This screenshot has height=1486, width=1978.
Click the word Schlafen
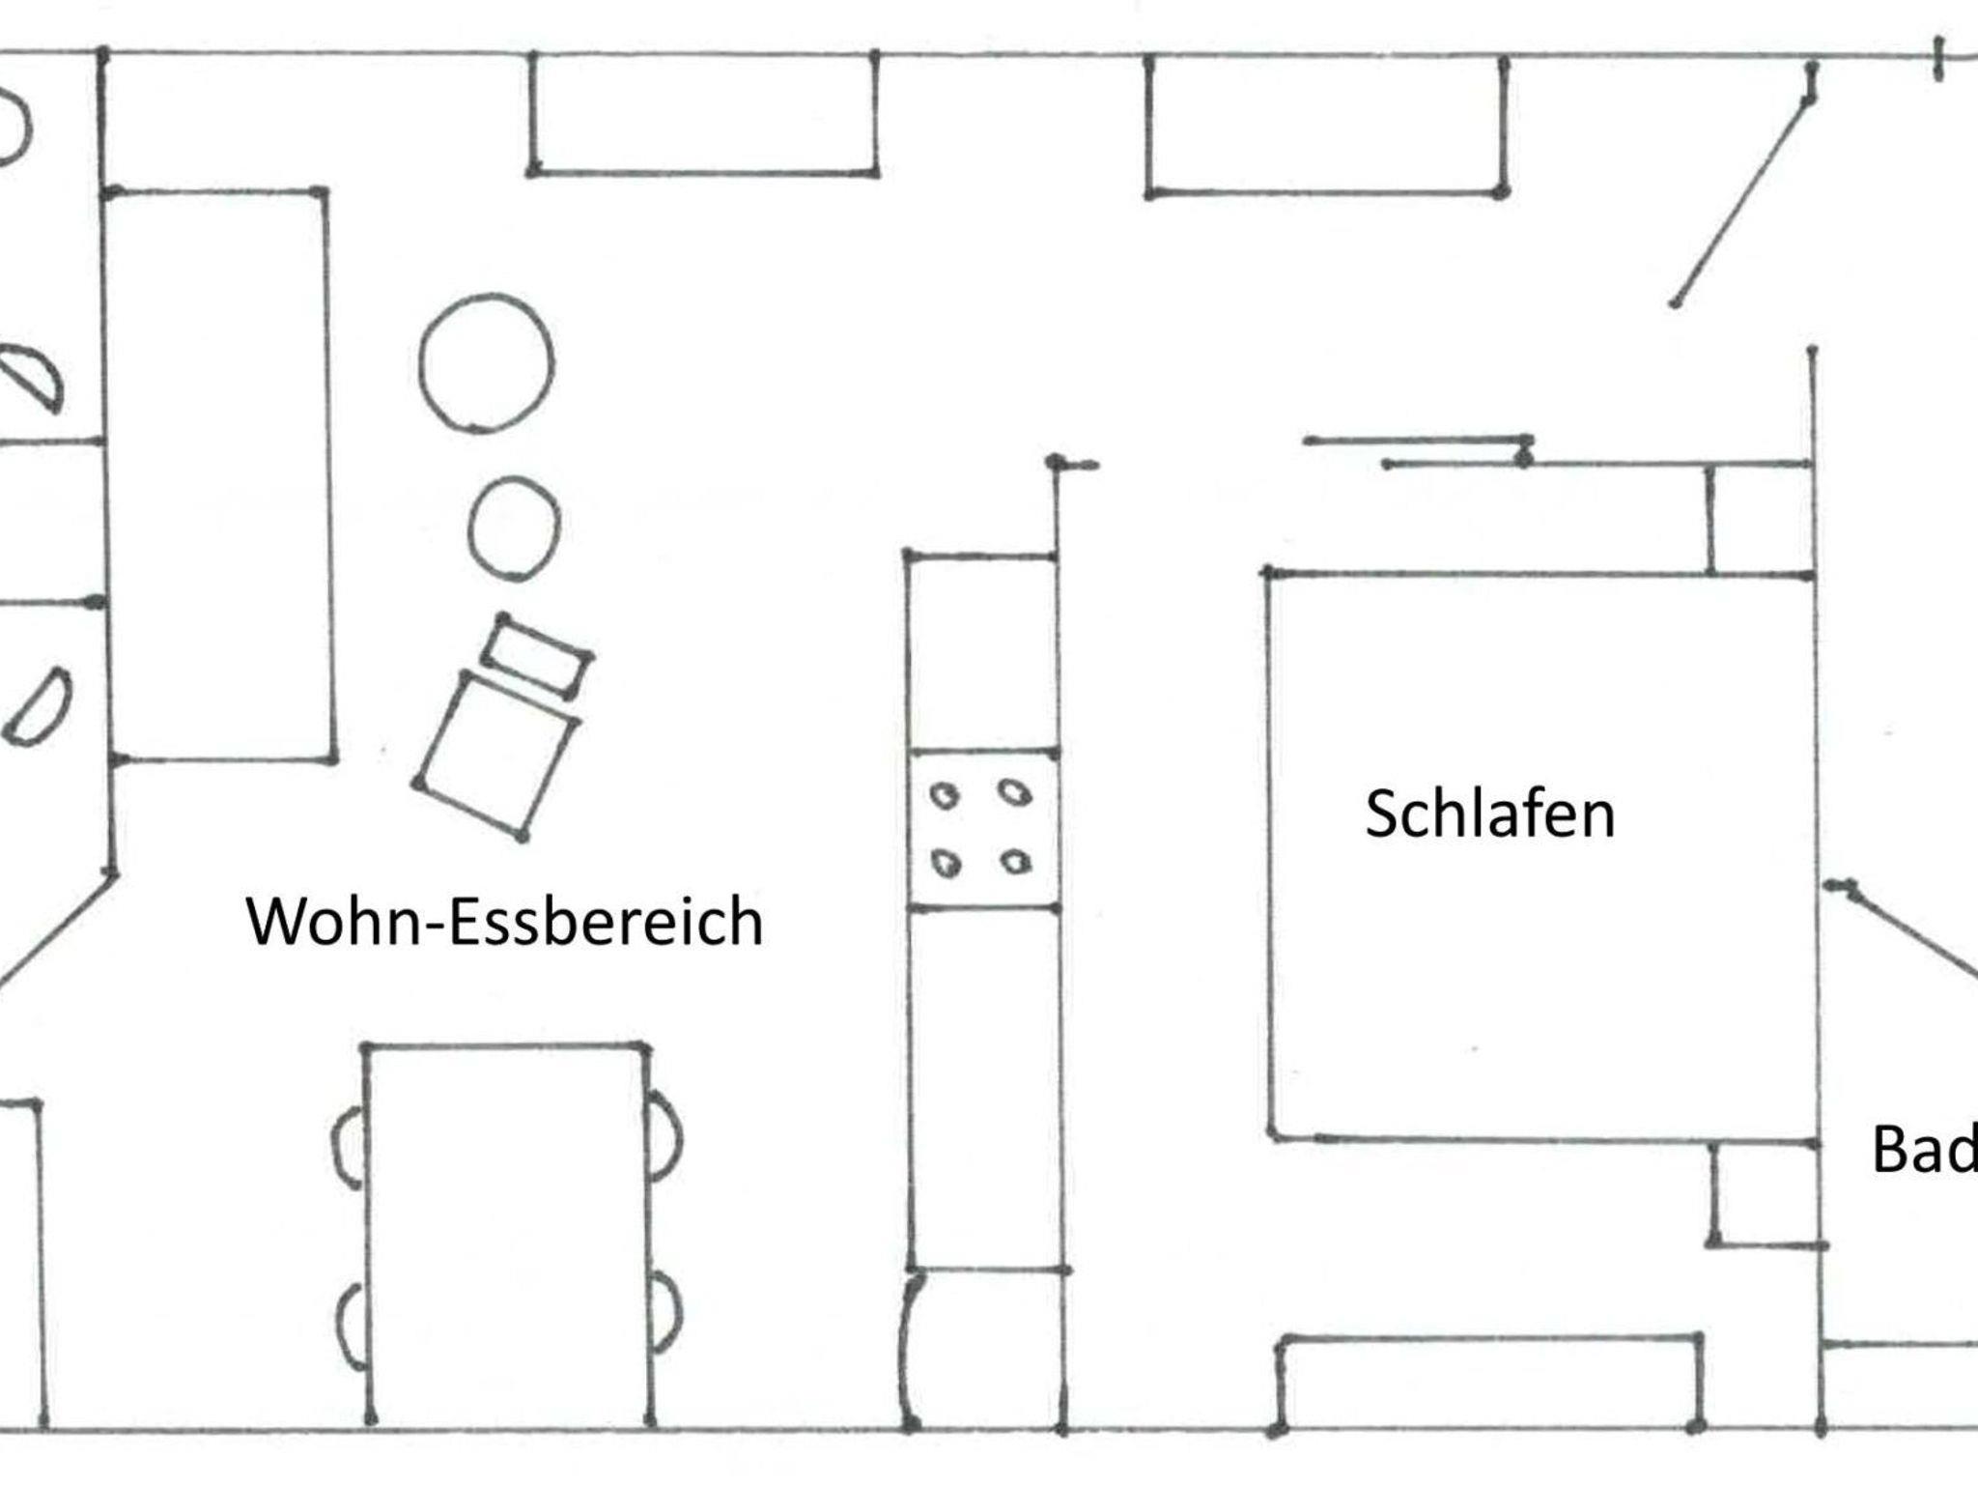point(1489,814)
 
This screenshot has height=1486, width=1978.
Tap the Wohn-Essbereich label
point(505,921)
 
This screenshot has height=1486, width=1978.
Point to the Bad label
point(1924,1150)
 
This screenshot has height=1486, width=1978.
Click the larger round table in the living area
point(487,363)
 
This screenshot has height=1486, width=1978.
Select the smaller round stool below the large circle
point(514,529)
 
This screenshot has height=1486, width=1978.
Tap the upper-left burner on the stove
point(944,796)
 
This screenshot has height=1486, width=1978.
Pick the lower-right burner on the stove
point(1015,861)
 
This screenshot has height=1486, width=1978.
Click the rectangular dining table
point(506,1236)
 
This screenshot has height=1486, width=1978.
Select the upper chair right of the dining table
point(664,1135)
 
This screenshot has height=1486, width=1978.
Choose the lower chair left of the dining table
point(352,1326)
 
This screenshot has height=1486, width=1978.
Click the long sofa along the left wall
point(220,476)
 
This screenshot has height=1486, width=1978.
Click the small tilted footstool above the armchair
point(537,655)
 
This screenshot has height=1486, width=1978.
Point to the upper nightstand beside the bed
point(1760,519)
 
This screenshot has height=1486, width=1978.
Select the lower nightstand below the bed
point(1766,1194)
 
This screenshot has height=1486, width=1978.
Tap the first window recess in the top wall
point(703,114)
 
